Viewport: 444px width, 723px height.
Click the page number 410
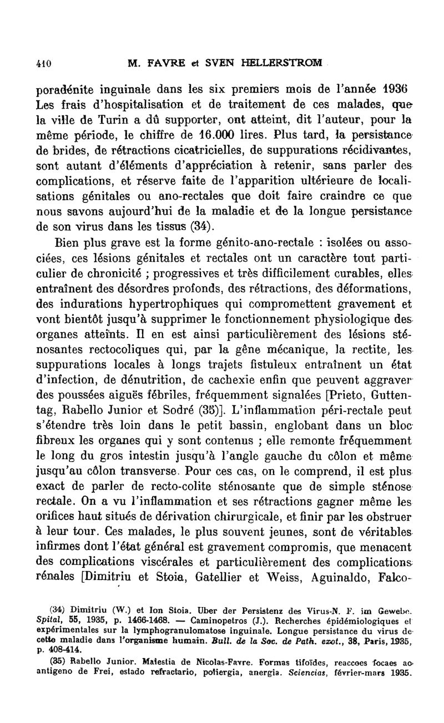tap(43, 63)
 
